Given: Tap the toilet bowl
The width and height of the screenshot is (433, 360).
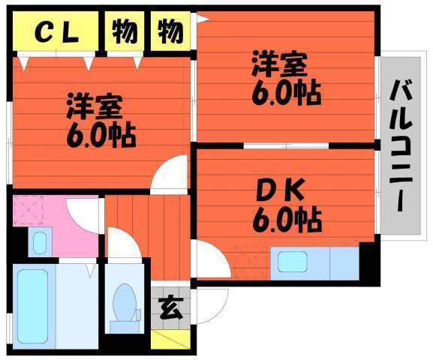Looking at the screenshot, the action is coord(125,302).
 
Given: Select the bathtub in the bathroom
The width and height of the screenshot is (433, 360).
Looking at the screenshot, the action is coord(32,306).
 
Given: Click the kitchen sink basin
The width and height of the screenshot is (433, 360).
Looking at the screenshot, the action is coord(293,262).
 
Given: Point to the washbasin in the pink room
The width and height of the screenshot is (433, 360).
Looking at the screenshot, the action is coord(40,242).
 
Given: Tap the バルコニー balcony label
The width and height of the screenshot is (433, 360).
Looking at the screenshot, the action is coord(401,145).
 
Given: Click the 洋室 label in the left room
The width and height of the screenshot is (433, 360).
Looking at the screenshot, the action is coord(94,106).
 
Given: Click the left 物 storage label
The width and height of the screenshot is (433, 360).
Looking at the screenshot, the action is coord(125,31).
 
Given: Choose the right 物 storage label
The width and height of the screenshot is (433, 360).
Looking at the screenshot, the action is coord(170,31).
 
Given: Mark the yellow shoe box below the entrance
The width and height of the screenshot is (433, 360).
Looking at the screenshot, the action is coord(170,339).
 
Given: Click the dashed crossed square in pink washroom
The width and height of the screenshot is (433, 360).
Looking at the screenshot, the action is coord(28,210).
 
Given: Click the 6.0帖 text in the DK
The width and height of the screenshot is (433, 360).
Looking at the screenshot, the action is coord(287,220).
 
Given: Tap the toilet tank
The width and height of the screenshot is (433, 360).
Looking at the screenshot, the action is coord(125,327).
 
